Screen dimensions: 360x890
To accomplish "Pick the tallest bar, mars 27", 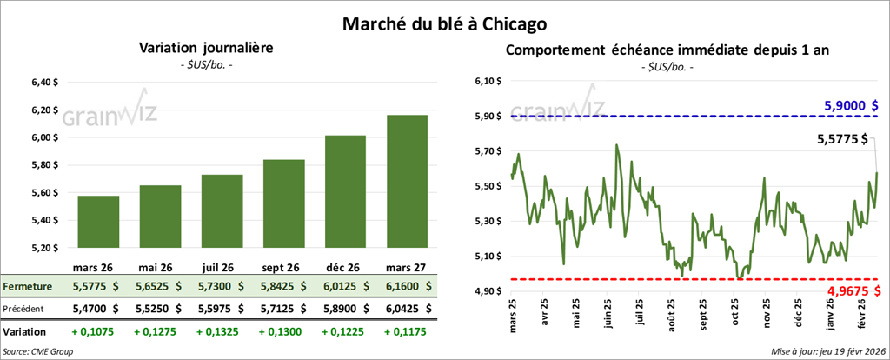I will [402, 183].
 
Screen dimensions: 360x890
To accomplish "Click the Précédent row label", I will [27, 309].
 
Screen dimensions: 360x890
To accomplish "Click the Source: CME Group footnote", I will [38, 351].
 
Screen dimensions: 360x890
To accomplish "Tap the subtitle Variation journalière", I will [206, 49].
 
